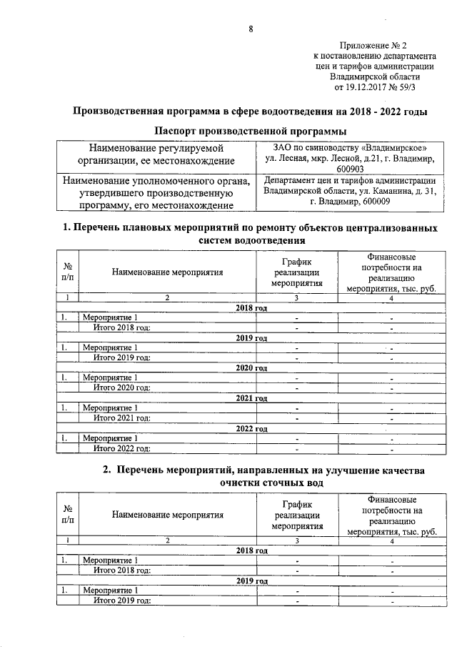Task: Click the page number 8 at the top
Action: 251,29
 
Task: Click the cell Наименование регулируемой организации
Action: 156,154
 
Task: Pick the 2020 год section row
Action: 251,367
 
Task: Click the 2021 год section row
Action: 251,398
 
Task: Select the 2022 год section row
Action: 251,429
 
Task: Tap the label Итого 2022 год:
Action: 122,448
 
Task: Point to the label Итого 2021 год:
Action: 122,418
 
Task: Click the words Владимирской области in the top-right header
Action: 375,76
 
